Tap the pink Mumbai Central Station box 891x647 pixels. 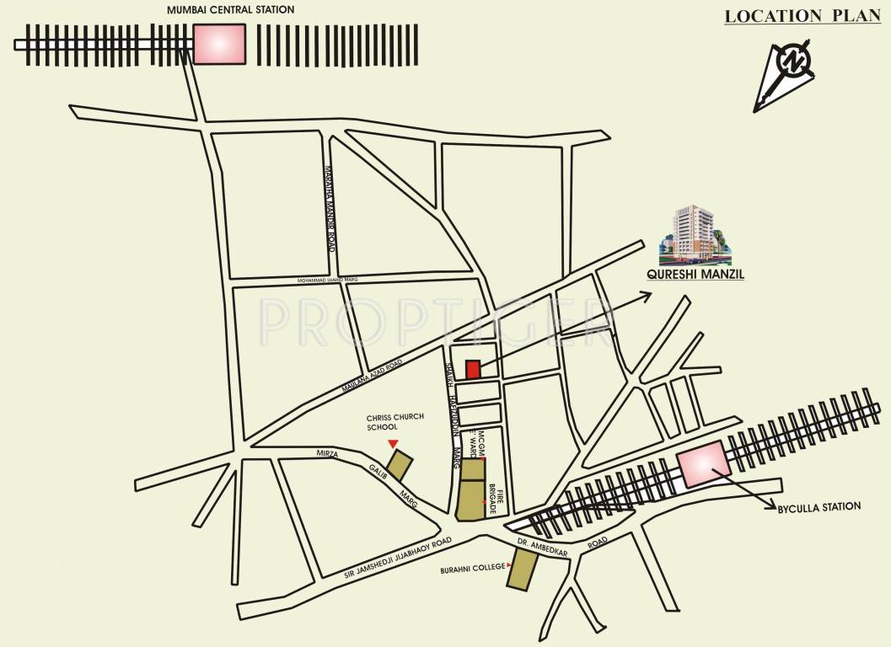point(219,43)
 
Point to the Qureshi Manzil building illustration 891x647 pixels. point(695,232)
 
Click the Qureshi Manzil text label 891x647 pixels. point(695,274)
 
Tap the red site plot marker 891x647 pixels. point(473,370)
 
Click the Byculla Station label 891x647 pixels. point(820,507)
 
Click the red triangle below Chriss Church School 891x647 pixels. point(392,444)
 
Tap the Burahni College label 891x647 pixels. point(472,569)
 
